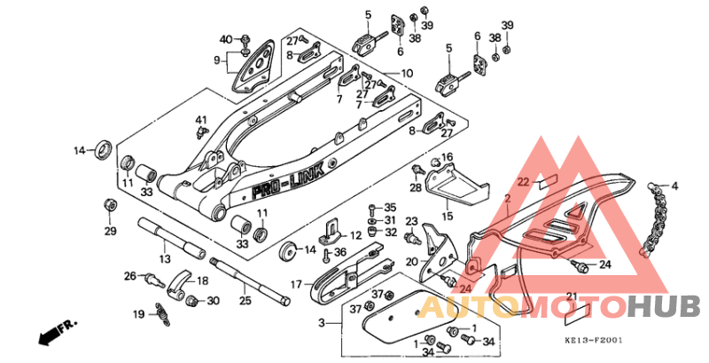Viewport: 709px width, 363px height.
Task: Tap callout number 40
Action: [x=225, y=39]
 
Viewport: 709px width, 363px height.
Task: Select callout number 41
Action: [x=200, y=120]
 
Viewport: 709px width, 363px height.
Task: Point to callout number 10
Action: [x=407, y=73]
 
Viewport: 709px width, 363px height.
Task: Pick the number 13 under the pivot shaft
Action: [x=164, y=258]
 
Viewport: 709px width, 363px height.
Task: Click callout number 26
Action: [x=129, y=276]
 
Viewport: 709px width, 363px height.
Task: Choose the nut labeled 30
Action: [x=191, y=301]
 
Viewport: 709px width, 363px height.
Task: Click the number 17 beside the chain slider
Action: [x=297, y=285]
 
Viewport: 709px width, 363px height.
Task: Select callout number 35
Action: [x=391, y=207]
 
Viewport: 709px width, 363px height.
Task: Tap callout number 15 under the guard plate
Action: [x=447, y=216]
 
